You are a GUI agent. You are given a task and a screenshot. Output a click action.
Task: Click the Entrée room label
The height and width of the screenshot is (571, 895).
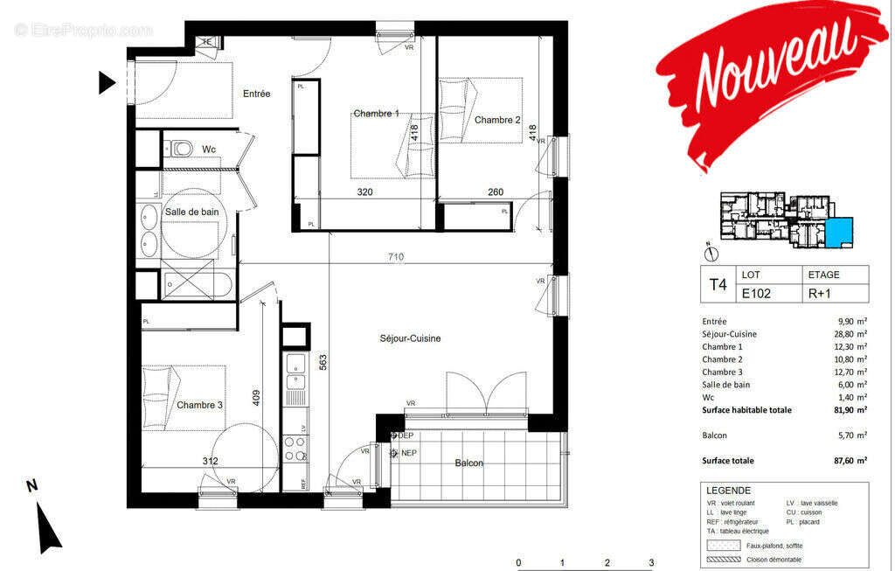[x=256, y=94]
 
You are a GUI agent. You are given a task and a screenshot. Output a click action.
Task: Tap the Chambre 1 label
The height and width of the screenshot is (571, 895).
[x=376, y=114]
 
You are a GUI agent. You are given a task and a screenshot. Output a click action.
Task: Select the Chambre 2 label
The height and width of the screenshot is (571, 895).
[x=497, y=120]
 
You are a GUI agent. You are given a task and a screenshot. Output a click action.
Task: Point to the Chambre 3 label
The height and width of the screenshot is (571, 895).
[x=199, y=405]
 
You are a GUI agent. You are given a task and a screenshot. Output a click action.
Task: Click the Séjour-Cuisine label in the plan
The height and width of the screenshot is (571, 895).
[x=410, y=338]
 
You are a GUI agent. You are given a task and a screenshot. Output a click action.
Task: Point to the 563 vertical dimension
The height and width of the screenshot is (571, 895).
[x=323, y=363]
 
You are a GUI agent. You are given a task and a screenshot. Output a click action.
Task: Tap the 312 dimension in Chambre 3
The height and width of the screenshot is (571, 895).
[x=209, y=461]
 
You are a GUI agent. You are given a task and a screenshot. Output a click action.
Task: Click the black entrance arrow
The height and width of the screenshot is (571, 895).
[x=107, y=83]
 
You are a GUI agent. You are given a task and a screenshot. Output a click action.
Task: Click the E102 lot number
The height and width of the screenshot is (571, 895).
[x=758, y=294]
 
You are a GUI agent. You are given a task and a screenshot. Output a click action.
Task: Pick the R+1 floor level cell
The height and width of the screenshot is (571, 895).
[x=819, y=294]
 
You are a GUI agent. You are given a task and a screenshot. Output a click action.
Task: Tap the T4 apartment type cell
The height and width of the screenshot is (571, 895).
[x=718, y=284]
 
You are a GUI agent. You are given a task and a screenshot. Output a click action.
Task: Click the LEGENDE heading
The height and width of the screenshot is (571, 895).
[x=729, y=491]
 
